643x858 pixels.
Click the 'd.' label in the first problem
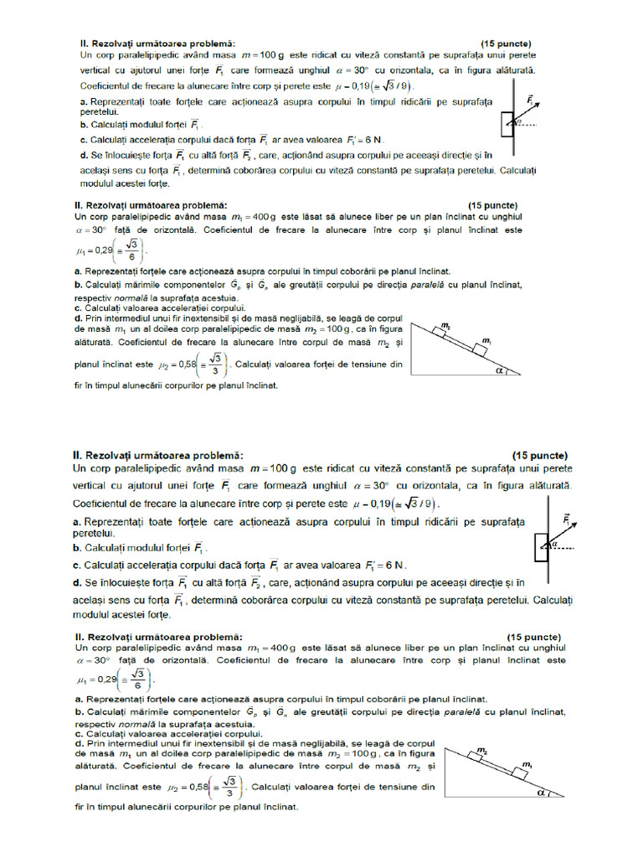tap(84, 155)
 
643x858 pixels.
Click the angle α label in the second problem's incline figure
tap(502, 367)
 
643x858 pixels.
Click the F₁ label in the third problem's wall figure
tap(567, 519)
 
